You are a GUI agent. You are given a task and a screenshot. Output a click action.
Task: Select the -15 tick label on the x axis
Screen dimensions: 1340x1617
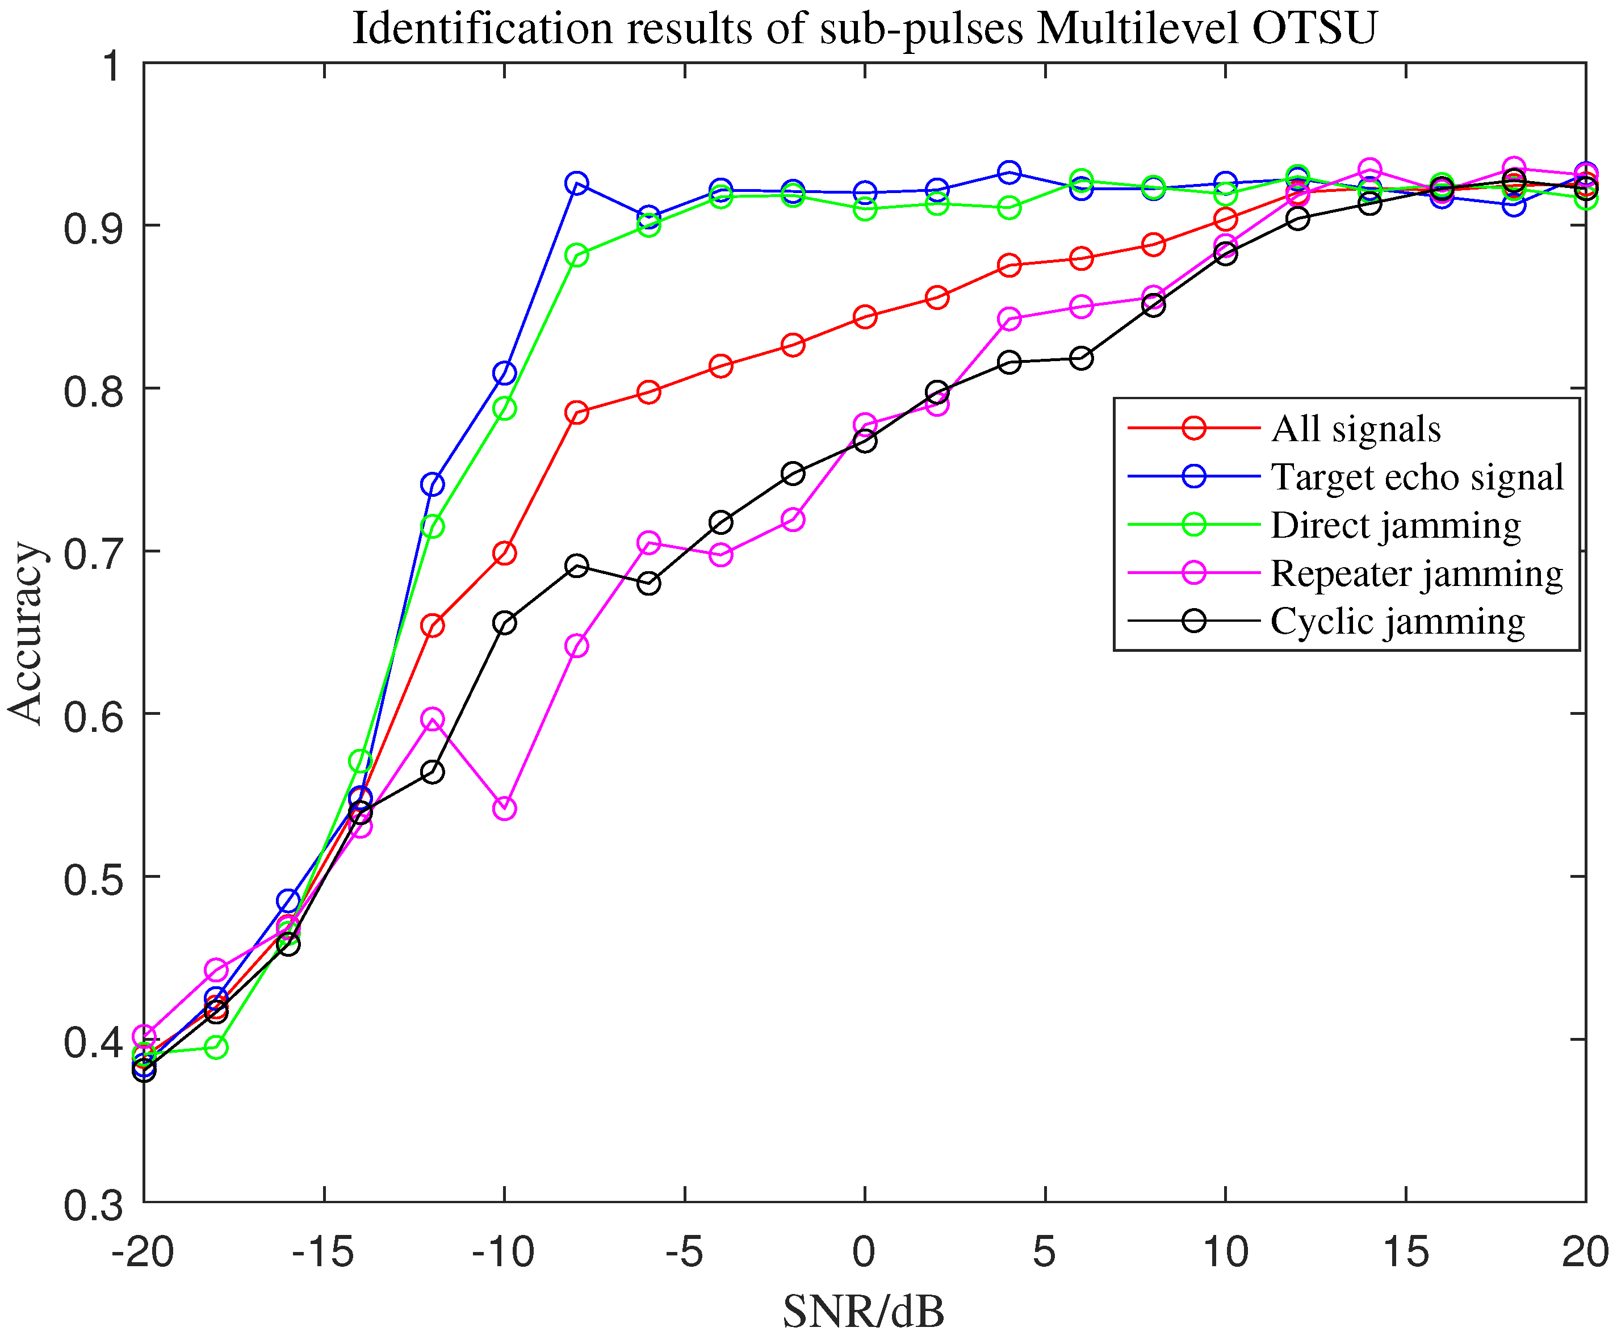coord(322,1252)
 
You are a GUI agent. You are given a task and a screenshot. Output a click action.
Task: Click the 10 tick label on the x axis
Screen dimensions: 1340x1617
coord(1224,1252)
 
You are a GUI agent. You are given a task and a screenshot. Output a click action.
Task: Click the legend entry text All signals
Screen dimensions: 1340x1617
coord(1355,428)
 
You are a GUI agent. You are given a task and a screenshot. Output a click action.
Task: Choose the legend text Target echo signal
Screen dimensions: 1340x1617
coord(1417,477)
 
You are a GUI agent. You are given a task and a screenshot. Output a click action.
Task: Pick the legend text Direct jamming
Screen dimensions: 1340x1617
coord(1395,525)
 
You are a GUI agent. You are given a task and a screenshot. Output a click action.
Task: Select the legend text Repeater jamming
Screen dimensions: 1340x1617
coord(1417,573)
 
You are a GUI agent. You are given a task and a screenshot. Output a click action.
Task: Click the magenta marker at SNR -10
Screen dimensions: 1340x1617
coord(504,809)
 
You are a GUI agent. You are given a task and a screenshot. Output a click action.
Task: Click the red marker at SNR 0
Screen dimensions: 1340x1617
coord(865,316)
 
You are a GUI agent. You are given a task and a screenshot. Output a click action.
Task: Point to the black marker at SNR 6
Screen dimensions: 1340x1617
coord(1081,358)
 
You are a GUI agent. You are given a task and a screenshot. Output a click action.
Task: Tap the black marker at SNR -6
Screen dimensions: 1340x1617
coord(649,583)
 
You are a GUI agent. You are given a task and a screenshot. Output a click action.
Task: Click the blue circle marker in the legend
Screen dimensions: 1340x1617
coord(1193,476)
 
